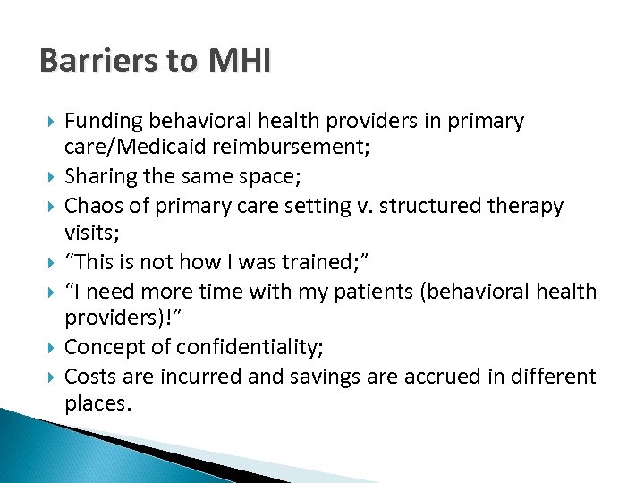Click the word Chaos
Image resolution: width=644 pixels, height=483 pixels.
(93, 206)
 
